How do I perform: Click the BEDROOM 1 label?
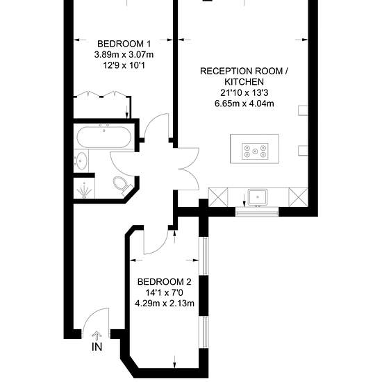[124, 44]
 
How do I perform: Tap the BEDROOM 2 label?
[165, 282]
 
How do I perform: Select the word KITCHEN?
[244, 82]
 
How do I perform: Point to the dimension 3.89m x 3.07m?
[124, 55]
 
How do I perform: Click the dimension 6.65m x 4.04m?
[244, 103]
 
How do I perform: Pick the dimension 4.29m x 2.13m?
[165, 304]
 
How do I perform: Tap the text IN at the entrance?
[97, 347]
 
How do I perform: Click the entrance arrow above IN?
[97, 336]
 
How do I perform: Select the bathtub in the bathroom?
[104, 137]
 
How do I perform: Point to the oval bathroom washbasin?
[81, 161]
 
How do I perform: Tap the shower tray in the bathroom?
[84, 188]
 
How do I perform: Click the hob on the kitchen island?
[255, 151]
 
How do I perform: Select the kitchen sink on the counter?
[258, 197]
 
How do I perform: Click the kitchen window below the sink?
[257, 212]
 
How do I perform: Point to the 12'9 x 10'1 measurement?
[124, 65]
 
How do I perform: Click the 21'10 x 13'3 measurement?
[244, 93]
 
